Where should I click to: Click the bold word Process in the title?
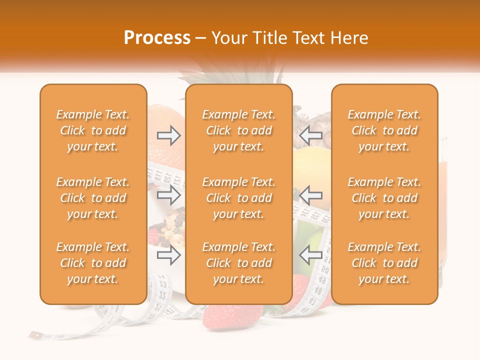coord(157,38)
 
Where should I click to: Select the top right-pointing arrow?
coord(169,134)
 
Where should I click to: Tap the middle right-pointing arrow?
coord(169,195)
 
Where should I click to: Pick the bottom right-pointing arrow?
coord(169,255)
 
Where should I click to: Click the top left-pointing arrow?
coord(311,134)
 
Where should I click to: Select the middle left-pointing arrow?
coord(311,195)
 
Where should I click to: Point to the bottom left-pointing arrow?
coord(311,255)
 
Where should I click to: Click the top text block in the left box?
coord(93,130)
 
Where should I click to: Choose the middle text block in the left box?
coord(93,198)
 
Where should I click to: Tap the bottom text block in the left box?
coord(93,263)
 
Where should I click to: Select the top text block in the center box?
coord(239,130)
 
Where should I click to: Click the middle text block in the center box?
coord(239,198)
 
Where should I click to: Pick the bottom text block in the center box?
coord(239,263)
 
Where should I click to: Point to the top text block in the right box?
coord(384,130)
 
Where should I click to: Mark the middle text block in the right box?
coord(384,198)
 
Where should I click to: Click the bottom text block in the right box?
coord(384,263)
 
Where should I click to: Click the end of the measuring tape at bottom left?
coord(34,335)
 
